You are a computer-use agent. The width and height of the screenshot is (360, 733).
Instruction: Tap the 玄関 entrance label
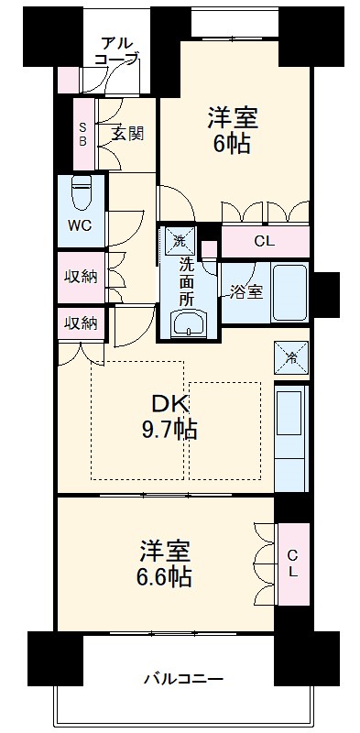click(x=128, y=133)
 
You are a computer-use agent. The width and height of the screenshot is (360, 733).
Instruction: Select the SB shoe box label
click(x=82, y=135)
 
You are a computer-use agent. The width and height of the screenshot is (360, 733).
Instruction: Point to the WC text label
click(x=78, y=225)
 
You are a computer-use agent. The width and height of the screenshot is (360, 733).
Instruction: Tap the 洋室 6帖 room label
click(x=233, y=130)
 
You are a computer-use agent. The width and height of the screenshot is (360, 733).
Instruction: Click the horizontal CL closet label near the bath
click(x=264, y=242)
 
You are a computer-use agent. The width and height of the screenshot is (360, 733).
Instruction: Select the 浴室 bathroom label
click(x=246, y=292)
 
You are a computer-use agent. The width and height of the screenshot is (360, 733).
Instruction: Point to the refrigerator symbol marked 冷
click(x=291, y=356)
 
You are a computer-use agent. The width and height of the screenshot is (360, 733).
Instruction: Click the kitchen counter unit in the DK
click(x=292, y=435)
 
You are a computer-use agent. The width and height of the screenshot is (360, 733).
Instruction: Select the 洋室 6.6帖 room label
click(x=166, y=563)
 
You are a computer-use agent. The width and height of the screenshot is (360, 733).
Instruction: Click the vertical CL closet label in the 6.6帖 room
click(x=292, y=563)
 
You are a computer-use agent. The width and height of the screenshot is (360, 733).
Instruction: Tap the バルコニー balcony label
click(x=183, y=678)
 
